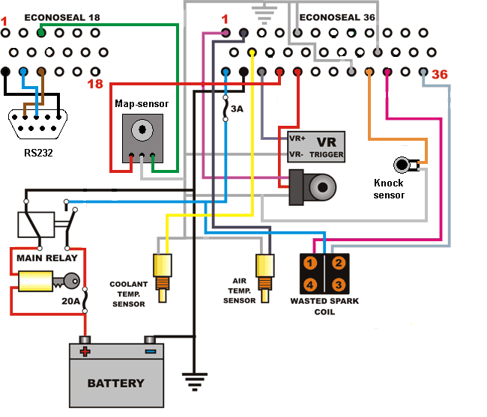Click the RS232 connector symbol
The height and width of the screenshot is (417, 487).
[x=38, y=124]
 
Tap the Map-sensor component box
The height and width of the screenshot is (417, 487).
[x=142, y=139]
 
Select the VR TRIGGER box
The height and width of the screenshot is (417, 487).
[x=316, y=147]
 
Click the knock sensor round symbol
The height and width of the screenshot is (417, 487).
[x=402, y=165]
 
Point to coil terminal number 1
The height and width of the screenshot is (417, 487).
[x=310, y=264]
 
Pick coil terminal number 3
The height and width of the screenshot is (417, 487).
[x=339, y=284]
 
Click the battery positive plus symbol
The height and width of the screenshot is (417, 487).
[x=85, y=352]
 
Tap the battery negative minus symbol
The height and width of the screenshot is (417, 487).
[x=151, y=352]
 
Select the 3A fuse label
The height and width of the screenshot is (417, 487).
[x=237, y=109]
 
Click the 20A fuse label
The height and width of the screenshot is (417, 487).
[x=71, y=301]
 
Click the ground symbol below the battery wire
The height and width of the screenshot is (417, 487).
[x=195, y=382]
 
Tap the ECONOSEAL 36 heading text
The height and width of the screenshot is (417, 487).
[x=337, y=17]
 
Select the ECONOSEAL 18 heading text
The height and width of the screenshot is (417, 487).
[x=62, y=17]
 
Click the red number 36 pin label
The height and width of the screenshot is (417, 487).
[x=440, y=74]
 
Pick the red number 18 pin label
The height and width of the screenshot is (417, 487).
[x=95, y=84]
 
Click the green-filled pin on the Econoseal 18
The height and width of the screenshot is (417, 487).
[x=41, y=33]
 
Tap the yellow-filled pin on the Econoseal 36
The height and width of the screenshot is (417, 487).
[x=252, y=52]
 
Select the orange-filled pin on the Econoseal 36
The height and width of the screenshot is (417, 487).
[x=369, y=72]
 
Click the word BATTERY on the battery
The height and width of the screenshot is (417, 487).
[x=116, y=383]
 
